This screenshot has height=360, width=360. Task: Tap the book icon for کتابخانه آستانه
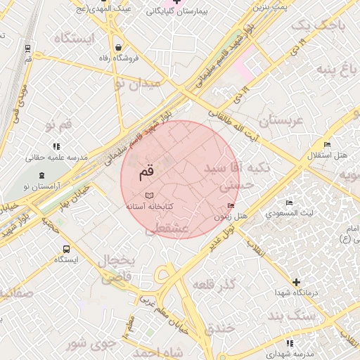click(148, 195)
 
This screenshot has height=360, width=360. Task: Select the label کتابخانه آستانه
click(149, 207)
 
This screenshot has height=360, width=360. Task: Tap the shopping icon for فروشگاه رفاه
click(119, 46)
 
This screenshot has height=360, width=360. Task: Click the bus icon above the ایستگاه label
click(67, 249)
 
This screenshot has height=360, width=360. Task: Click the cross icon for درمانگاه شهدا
click(296, 282)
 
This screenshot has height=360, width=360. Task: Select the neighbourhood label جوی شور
click(87, 344)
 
